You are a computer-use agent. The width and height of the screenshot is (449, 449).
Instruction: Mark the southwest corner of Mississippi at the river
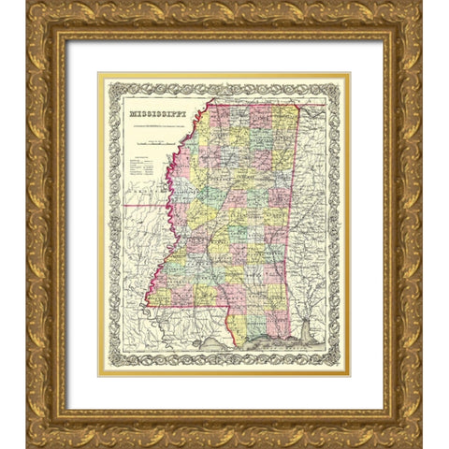click(x=145, y=304)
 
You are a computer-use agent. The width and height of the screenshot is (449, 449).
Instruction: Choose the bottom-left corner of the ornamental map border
click(x=105, y=367)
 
